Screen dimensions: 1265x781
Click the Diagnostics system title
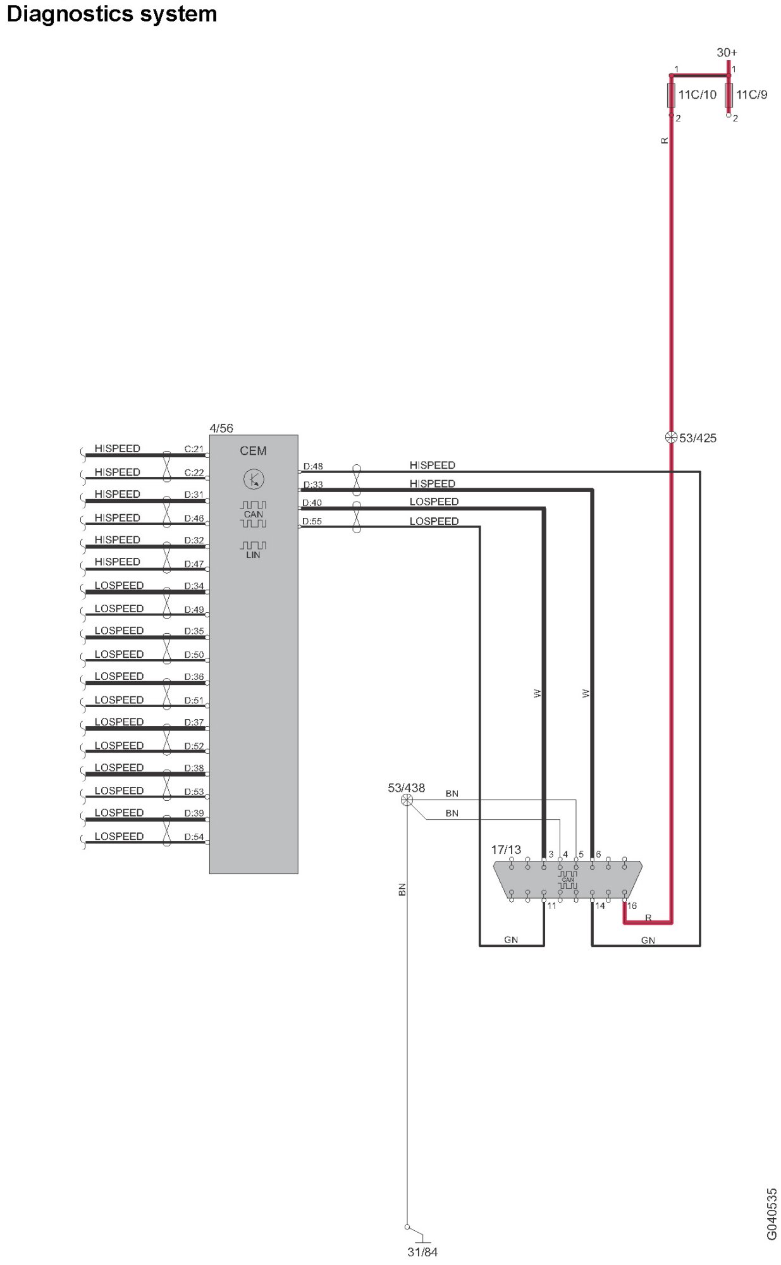111,14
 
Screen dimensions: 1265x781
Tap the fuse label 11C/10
697,95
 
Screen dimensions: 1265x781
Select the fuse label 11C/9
751,95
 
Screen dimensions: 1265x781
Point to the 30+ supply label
727,52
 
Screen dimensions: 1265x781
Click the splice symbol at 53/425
671,437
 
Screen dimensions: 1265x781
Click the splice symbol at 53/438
407,800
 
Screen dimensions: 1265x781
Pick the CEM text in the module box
253,451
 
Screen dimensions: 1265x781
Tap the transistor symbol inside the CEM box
254,479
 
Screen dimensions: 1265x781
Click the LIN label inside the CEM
253,555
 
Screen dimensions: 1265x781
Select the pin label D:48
313,466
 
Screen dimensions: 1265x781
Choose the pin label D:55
312,521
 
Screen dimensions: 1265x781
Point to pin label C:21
194,449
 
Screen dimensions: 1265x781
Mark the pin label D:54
194,837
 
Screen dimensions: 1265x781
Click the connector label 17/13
506,849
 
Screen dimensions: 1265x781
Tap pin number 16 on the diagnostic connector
632,906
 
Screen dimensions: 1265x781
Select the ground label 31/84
422,1252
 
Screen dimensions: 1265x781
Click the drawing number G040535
772,1214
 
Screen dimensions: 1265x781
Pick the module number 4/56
221,428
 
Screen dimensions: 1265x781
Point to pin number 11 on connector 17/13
551,906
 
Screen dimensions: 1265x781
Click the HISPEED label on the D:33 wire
432,484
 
